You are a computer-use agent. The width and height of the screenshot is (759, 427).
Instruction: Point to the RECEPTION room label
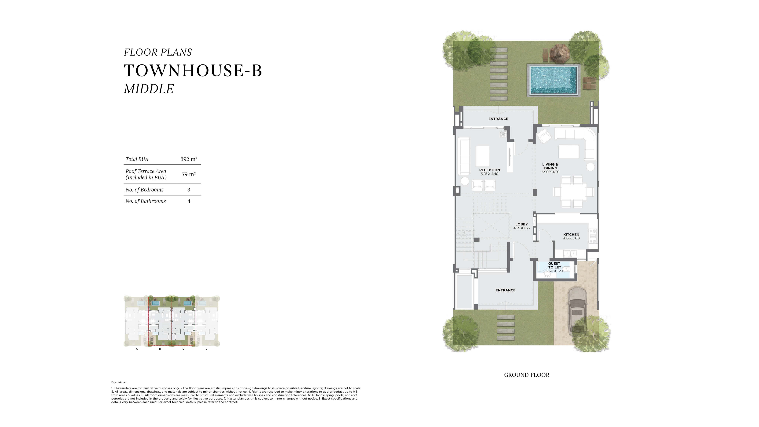point(489,170)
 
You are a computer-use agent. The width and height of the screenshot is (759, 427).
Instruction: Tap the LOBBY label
point(521,224)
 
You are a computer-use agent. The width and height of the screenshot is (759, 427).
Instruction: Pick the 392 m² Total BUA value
point(189,159)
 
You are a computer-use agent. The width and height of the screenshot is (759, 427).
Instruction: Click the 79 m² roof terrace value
point(189,174)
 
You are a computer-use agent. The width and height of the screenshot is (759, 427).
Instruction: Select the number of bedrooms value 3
point(189,190)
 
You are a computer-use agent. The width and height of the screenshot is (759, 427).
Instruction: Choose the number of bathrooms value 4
point(189,201)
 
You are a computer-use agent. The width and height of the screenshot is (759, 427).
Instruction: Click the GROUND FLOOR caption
point(527,375)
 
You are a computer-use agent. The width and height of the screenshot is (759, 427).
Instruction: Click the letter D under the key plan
point(207,349)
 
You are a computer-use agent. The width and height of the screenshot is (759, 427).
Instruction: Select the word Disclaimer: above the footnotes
point(119,382)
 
